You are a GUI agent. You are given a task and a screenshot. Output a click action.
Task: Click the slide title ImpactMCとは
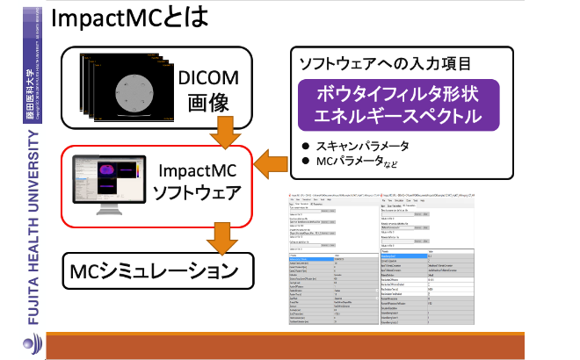click(131, 21)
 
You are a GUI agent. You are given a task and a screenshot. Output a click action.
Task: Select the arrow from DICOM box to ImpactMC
click(227, 131)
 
